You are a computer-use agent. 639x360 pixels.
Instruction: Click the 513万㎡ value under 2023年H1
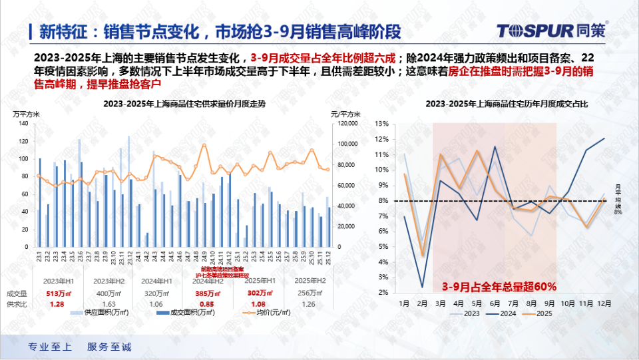[x=57, y=293]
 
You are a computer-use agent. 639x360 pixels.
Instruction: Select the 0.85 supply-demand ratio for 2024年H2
[x=208, y=304]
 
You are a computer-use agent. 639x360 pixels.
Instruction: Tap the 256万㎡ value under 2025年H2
[x=306, y=293]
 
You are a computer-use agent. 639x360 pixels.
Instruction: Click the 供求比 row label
[x=17, y=304]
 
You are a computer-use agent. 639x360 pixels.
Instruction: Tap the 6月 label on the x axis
[x=495, y=303]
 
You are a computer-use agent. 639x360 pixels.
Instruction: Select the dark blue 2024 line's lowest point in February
[x=423, y=287]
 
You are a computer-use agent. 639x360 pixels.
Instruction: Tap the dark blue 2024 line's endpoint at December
[x=604, y=138]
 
